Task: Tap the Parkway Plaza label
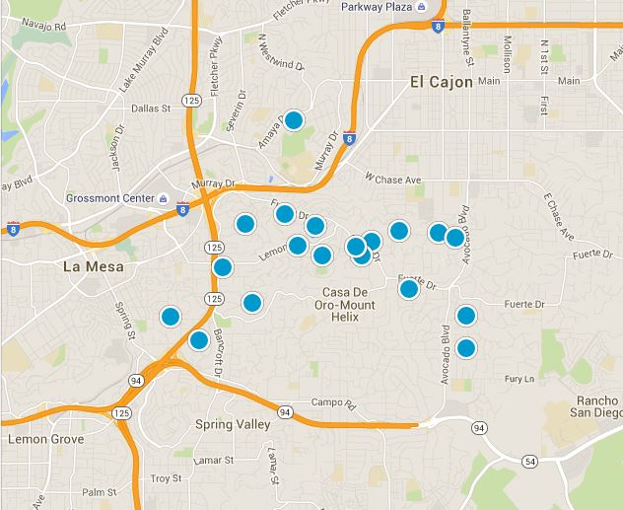click(375, 7)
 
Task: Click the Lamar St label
click(213, 461)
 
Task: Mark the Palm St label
click(100, 492)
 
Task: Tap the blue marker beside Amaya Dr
click(293, 120)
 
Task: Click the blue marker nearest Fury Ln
click(466, 347)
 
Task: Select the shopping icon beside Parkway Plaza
click(421, 7)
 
